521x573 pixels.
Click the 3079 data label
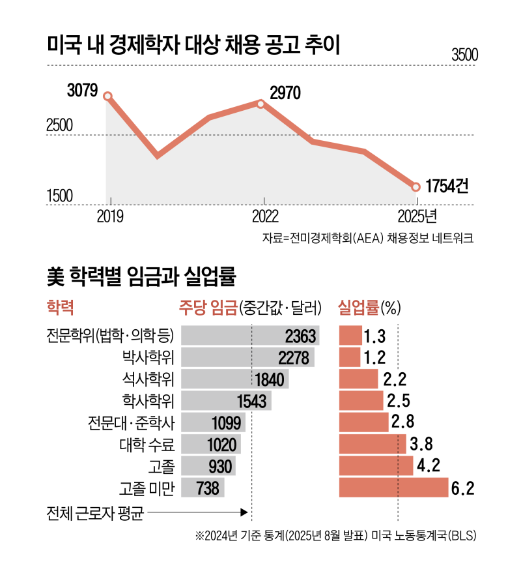[x=82, y=90]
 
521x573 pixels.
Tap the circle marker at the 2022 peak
[x=261, y=104]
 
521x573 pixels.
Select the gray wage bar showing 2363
[x=250, y=336]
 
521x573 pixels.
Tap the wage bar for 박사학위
[x=247, y=357]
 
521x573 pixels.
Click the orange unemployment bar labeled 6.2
[x=394, y=488]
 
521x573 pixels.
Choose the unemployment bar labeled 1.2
[x=350, y=357]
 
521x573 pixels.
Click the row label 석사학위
[x=148, y=379]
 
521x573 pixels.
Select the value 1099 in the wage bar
[x=227, y=422]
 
